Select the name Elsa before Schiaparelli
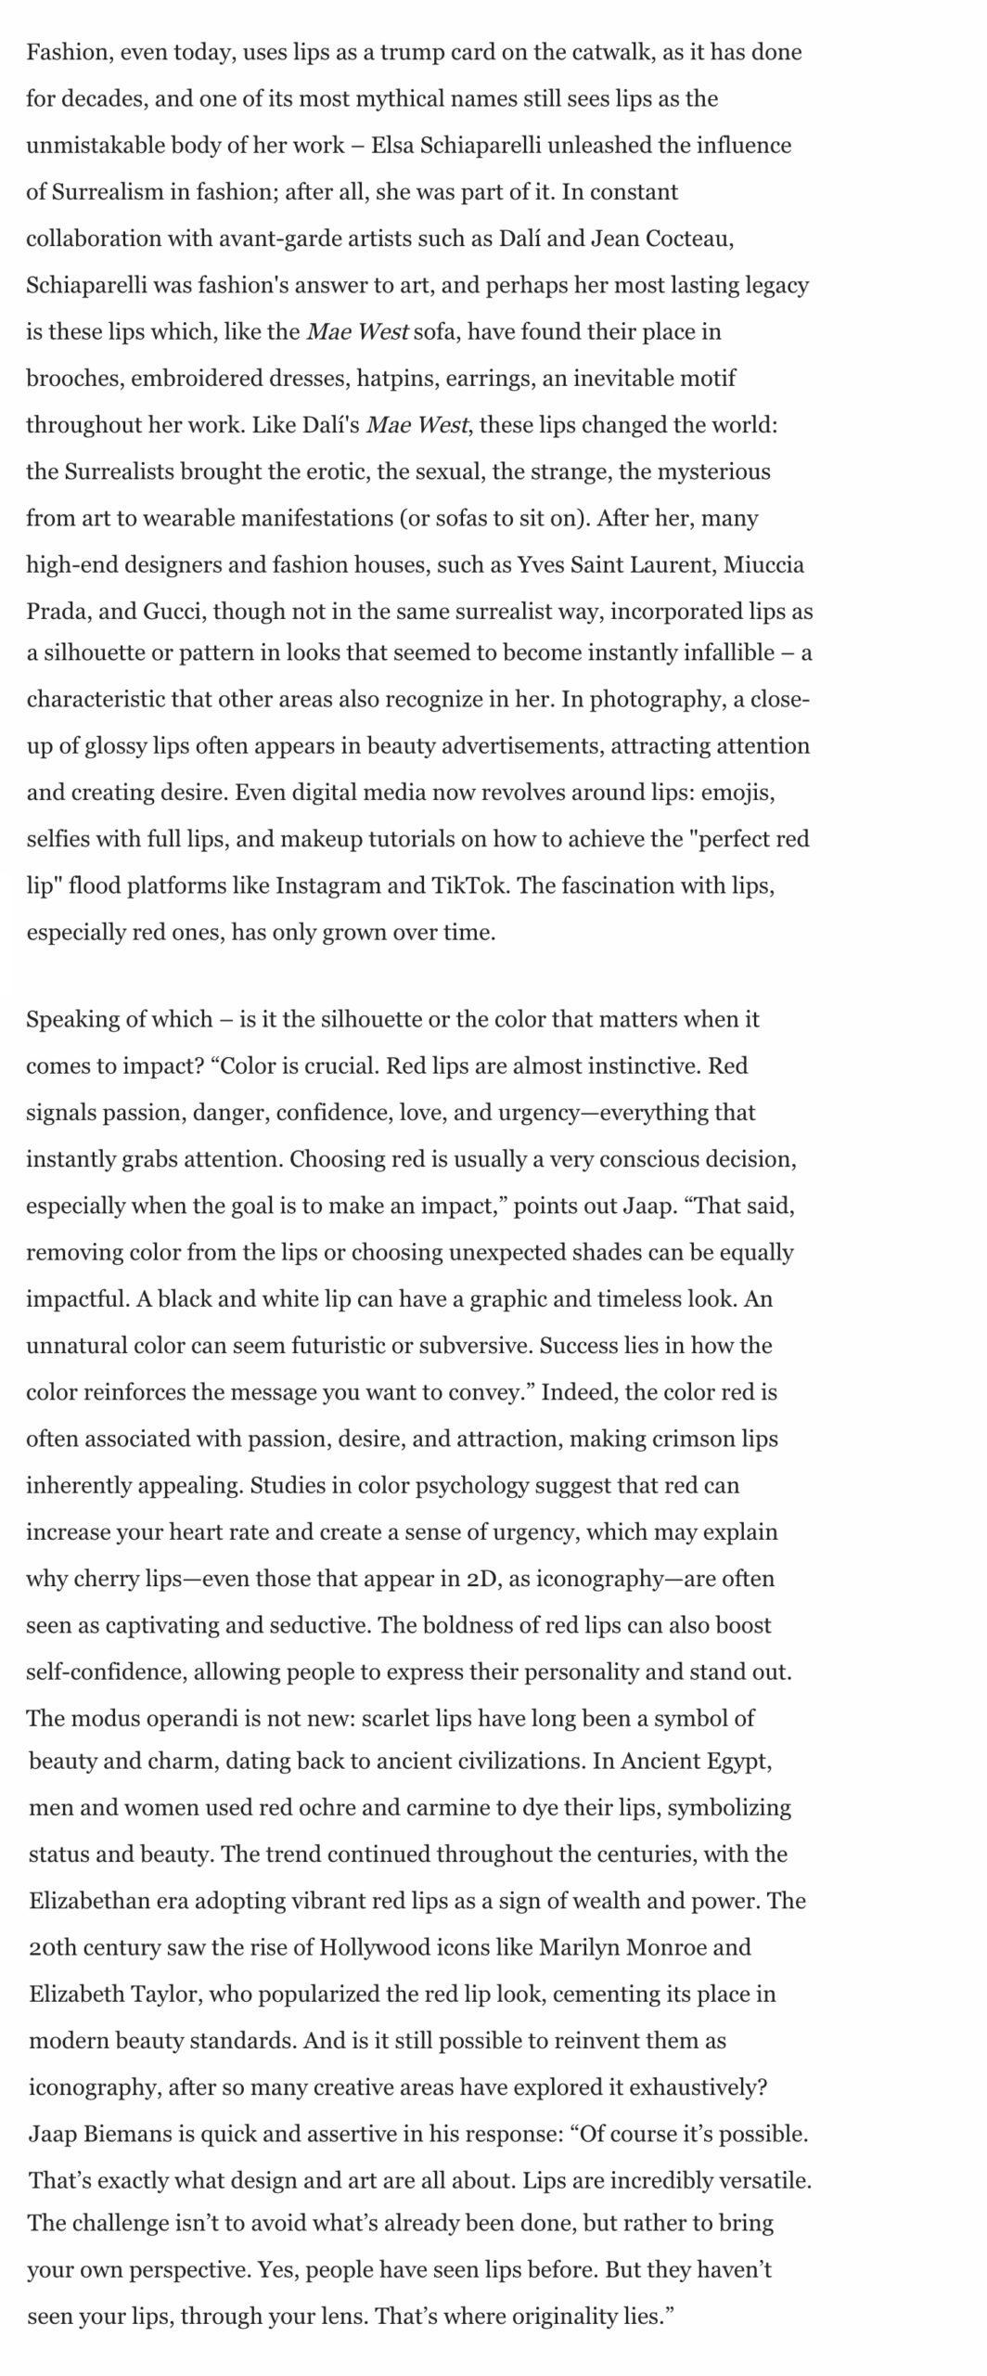tap(392, 146)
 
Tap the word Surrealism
tap(107, 192)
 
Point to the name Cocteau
tap(687, 239)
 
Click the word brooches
tap(74, 379)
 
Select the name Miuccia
tap(763, 565)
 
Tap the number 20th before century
tap(53, 1947)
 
